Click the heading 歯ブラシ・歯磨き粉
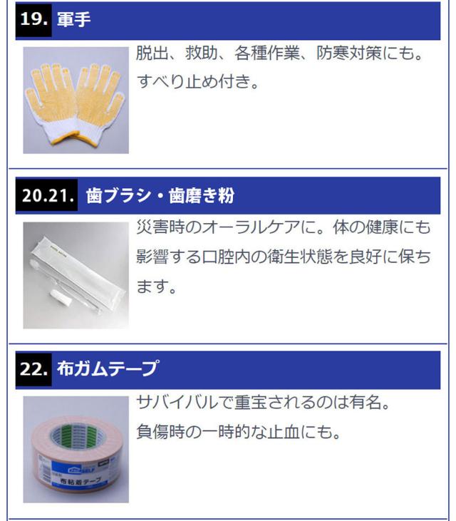tap(160, 195)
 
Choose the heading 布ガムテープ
tap(108, 369)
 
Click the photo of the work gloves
tap(76, 100)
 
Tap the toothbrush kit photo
tap(76, 275)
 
